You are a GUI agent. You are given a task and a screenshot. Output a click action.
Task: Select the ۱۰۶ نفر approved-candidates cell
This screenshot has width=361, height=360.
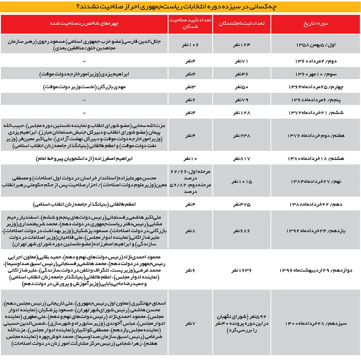(x=189, y=45)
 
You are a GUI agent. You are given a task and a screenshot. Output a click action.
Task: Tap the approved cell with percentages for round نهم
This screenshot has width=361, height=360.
(x=189, y=181)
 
